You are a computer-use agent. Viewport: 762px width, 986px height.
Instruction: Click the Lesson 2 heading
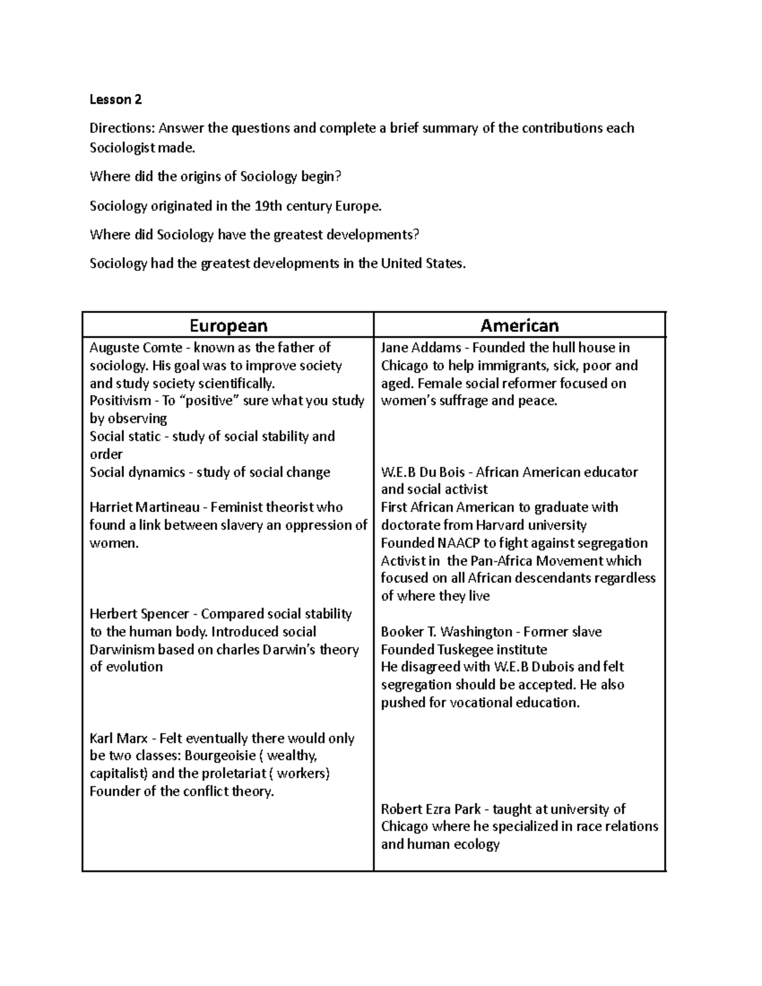pyautogui.click(x=116, y=100)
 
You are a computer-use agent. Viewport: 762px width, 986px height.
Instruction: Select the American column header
pyautogui.click(x=519, y=326)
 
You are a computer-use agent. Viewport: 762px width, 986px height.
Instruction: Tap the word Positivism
pyautogui.click(x=120, y=401)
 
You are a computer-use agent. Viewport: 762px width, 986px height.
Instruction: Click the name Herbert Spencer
pyautogui.click(x=141, y=614)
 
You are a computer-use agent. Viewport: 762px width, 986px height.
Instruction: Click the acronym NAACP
pyautogui.click(x=459, y=543)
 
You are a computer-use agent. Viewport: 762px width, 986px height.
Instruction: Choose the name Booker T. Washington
pyautogui.click(x=446, y=632)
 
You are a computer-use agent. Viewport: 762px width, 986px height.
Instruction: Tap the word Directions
pyautogui.click(x=121, y=128)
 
